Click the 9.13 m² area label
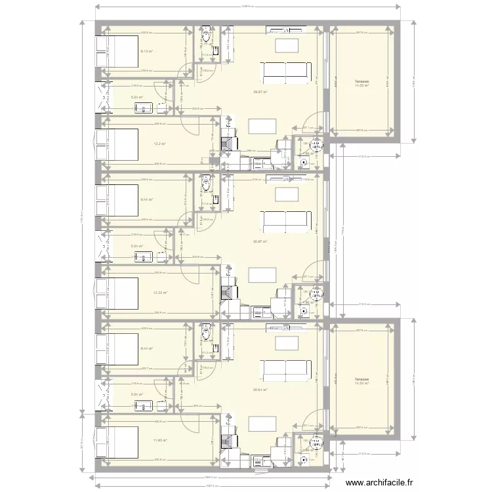point(147,51)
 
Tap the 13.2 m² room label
point(159,144)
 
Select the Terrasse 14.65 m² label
point(361,83)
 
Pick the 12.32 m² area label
point(160,293)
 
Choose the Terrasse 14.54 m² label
point(361,381)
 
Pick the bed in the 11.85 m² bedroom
point(117,441)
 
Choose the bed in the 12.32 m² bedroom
point(117,293)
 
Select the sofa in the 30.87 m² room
point(285,220)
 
